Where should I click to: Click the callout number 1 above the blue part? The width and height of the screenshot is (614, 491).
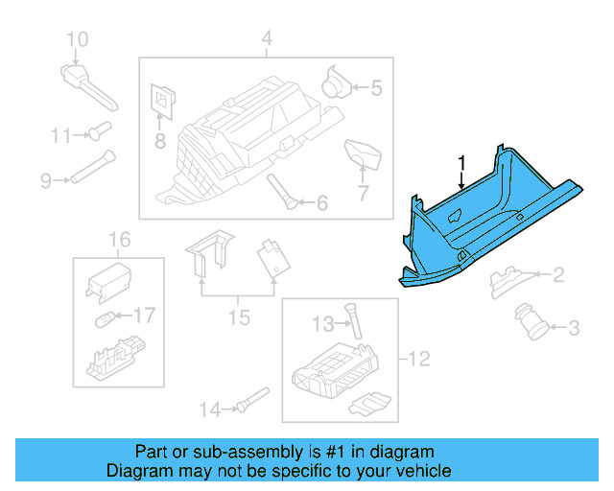[461, 162]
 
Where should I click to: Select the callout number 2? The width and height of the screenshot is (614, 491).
[557, 276]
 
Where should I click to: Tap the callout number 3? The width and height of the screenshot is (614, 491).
[574, 329]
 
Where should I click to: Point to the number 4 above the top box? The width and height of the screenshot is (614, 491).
[267, 39]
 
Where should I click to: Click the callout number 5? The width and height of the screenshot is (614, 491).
[375, 89]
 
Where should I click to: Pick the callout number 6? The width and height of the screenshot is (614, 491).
[321, 203]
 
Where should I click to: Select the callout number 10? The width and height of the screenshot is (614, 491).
[77, 39]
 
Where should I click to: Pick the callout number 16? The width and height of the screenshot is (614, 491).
[119, 239]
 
